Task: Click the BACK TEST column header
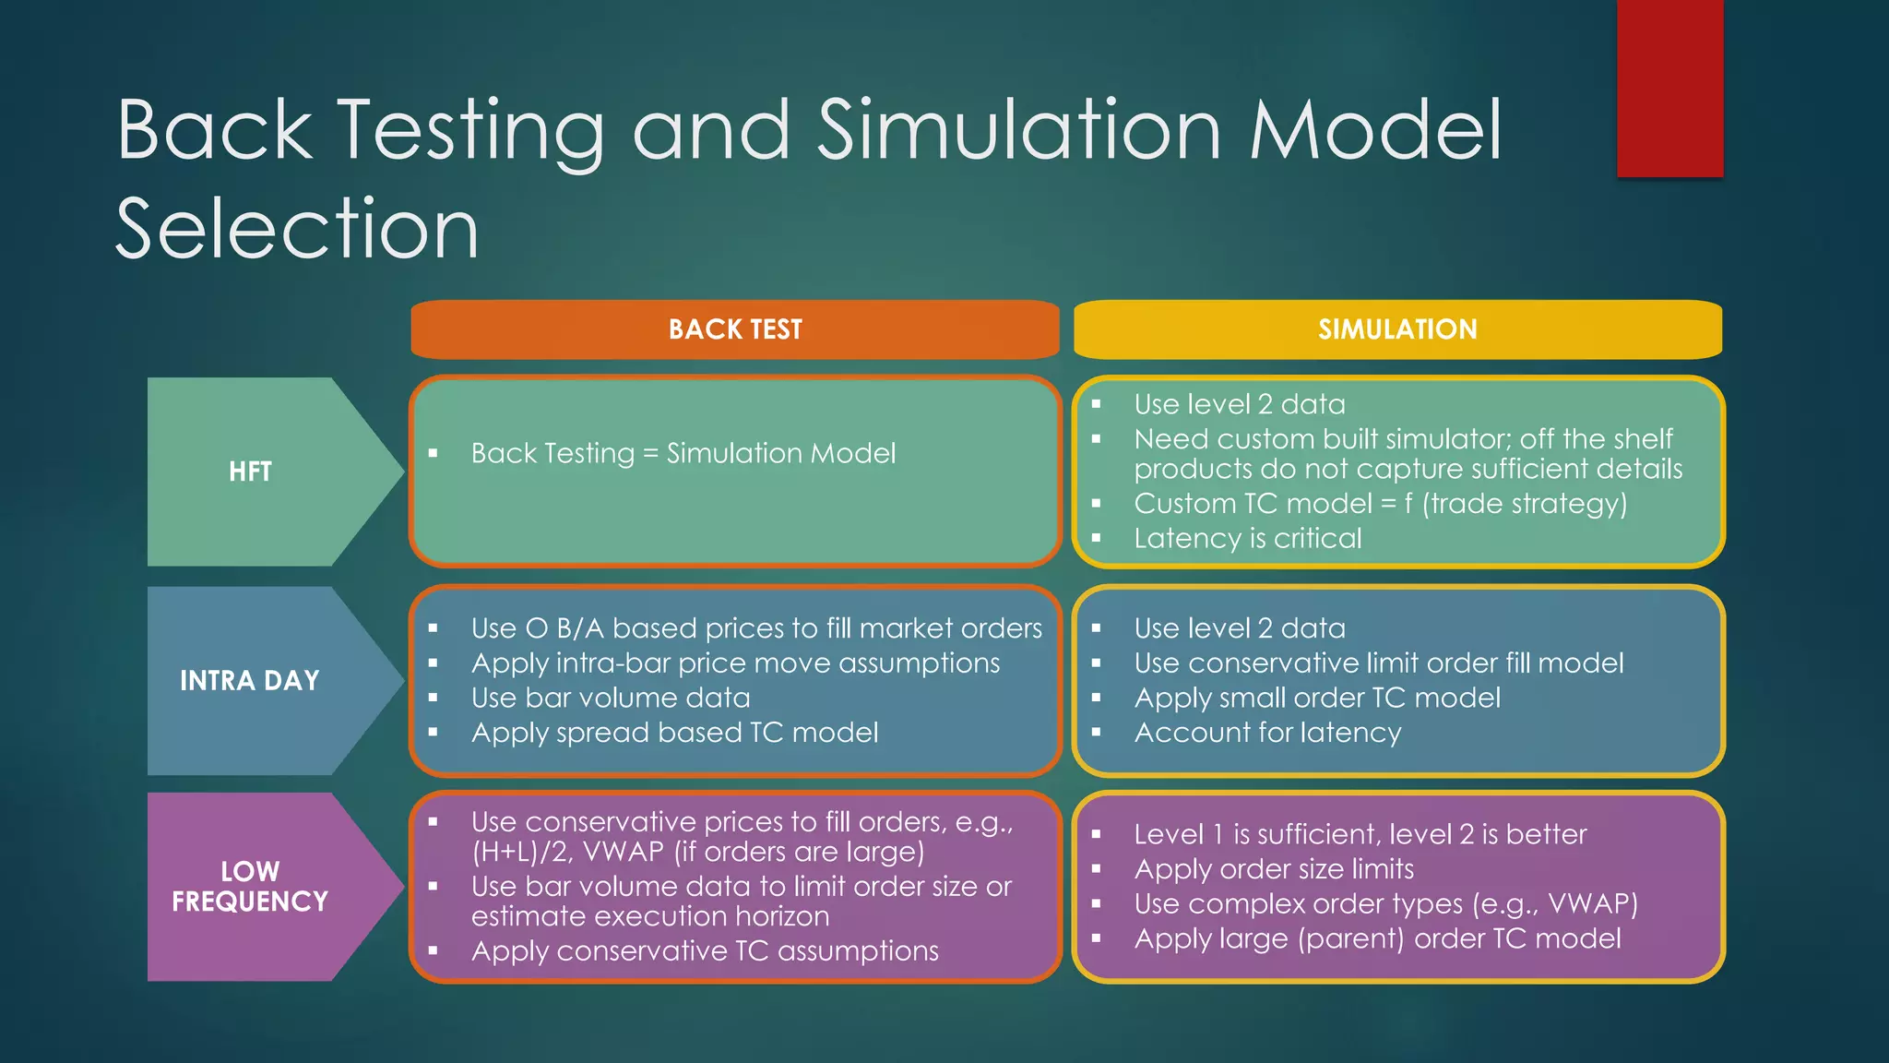[735, 329]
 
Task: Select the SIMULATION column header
[1396, 329]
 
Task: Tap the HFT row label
[250, 472]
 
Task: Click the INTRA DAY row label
[249, 681]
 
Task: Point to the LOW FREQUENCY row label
[250, 886]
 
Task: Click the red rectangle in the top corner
[1669, 88]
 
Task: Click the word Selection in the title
[297, 228]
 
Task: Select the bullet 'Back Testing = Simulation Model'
[683, 453]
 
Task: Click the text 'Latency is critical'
[1247, 538]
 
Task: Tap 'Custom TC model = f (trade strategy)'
[1380, 504]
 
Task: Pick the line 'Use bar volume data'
[611, 698]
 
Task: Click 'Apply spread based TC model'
[674, 733]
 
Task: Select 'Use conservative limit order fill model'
[1378, 663]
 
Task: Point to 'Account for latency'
[1267, 733]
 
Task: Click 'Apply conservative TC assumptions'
[705, 950]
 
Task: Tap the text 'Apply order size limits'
[1274, 869]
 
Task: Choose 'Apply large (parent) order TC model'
[1377, 938]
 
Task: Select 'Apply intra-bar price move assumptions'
[735, 663]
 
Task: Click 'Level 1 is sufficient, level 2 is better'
[1360, 834]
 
